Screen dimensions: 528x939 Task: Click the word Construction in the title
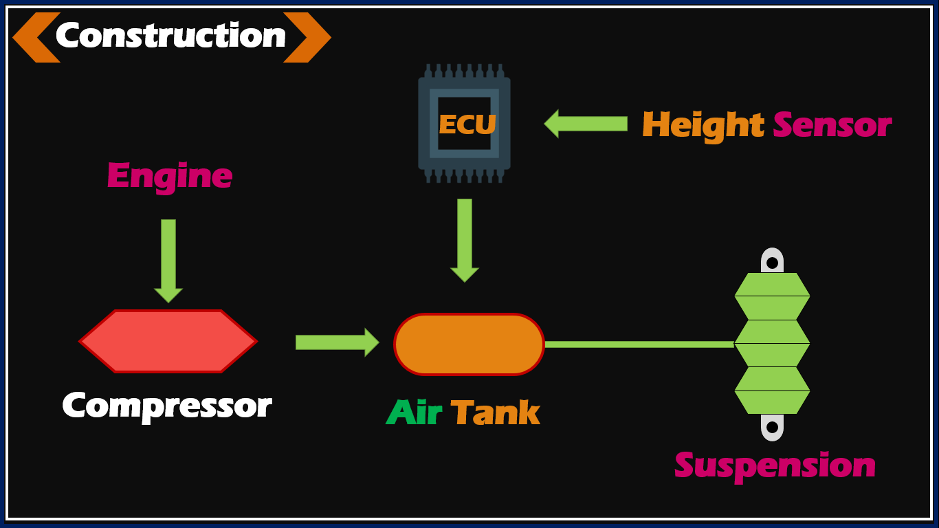170,36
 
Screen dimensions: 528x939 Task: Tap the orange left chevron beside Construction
34,38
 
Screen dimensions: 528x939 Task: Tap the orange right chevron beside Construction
307,38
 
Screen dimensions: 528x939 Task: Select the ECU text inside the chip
467,125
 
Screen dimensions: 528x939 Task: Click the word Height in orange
703,126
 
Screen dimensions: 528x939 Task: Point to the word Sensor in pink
832,126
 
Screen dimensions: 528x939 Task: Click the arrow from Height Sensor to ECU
586,124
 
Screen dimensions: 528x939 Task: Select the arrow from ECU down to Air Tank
465,239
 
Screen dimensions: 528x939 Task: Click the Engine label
169,176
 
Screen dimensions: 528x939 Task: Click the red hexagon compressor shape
168,341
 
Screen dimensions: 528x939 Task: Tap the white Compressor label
167,406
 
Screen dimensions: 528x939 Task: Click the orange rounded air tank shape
469,344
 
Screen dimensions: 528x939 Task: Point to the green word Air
414,413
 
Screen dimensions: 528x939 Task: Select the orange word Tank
495,413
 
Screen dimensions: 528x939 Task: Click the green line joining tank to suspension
639,344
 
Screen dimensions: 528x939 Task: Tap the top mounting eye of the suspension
772,262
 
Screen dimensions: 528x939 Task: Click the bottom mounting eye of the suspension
772,426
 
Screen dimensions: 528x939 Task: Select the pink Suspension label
775,465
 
